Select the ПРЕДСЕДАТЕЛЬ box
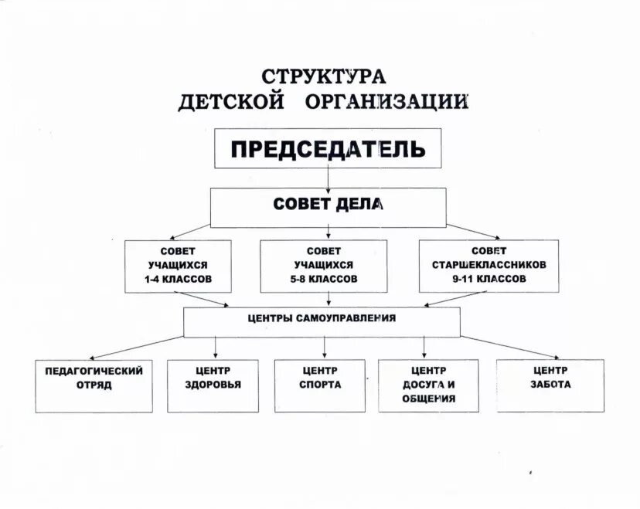(328, 148)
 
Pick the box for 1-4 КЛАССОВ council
(178, 266)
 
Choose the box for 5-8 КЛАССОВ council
(323, 266)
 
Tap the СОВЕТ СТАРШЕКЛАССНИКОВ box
(489, 266)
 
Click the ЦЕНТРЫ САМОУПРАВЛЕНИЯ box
(322, 321)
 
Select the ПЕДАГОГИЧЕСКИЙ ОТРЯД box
(94, 384)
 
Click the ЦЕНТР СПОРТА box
(319, 384)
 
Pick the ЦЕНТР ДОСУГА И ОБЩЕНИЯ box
(428, 384)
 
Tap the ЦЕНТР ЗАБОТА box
(550, 384)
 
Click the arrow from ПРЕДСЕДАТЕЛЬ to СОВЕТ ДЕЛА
(330, 178)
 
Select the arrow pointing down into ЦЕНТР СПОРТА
(320, 348)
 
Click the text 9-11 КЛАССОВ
(489, 279)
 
